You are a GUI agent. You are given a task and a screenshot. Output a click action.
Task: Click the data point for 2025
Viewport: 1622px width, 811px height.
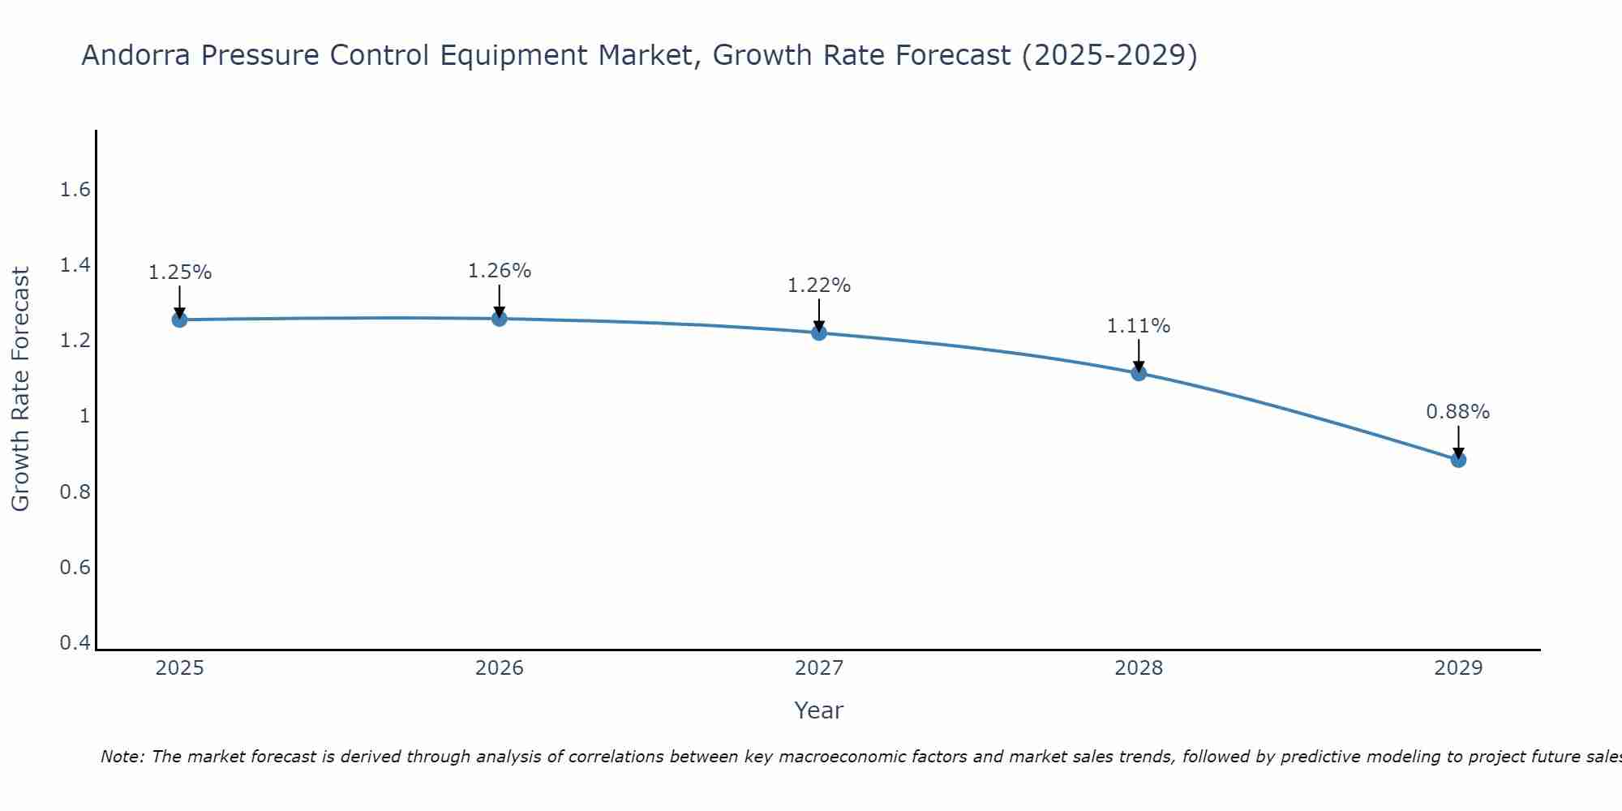pyautogui.click(x=179, y=320)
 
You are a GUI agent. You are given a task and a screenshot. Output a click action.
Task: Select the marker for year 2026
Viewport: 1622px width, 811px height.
pyautogui.click(x=500, y=319)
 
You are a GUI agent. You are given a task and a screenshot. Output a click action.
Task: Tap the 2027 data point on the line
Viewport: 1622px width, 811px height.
pyautogui.click(x=819, y=333)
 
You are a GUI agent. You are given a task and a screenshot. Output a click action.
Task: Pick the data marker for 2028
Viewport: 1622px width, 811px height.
pyautogui.click(x=1139, y=373)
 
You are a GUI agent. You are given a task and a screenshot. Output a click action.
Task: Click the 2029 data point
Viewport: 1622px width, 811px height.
pyautogui.click(x=1458, y=460)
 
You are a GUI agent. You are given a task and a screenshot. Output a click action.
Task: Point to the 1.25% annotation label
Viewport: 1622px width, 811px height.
pyautogui.click(x=179, y=272)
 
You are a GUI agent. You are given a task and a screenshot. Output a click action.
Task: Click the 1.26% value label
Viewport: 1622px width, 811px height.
pyautogui.click(x=500, y=271)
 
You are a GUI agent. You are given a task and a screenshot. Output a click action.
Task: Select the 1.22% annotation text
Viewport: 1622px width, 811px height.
pyautogui.click(x=819, y=285)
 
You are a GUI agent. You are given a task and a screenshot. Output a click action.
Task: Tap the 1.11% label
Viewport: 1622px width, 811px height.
pyautogui.click(x=1139, y=326)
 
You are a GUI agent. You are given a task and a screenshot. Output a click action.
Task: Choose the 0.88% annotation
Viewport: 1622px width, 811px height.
pyautogui.click(x=1458, y=412)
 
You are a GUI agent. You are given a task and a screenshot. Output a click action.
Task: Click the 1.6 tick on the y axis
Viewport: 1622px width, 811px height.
pyautogui.click(x=75, y=190)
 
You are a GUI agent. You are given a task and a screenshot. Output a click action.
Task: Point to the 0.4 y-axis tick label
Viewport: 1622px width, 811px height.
pyautogui.click(x=75, y=643)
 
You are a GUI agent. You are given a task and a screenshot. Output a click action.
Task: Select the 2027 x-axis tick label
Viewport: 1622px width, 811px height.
pyautogui.click(x=819, y=668)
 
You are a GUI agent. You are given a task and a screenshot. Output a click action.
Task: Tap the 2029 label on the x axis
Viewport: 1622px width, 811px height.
pyautogui.click(x=1458, y=668)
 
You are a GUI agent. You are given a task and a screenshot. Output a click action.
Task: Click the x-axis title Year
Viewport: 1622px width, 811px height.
pyautogui.click(x=819, y=710)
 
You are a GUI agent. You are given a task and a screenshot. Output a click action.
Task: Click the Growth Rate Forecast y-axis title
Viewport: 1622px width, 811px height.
pyautogui.click(x=20, y=389)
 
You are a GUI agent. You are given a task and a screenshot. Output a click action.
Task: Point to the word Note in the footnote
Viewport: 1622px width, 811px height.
pyautogui.click(x=122, y=757)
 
